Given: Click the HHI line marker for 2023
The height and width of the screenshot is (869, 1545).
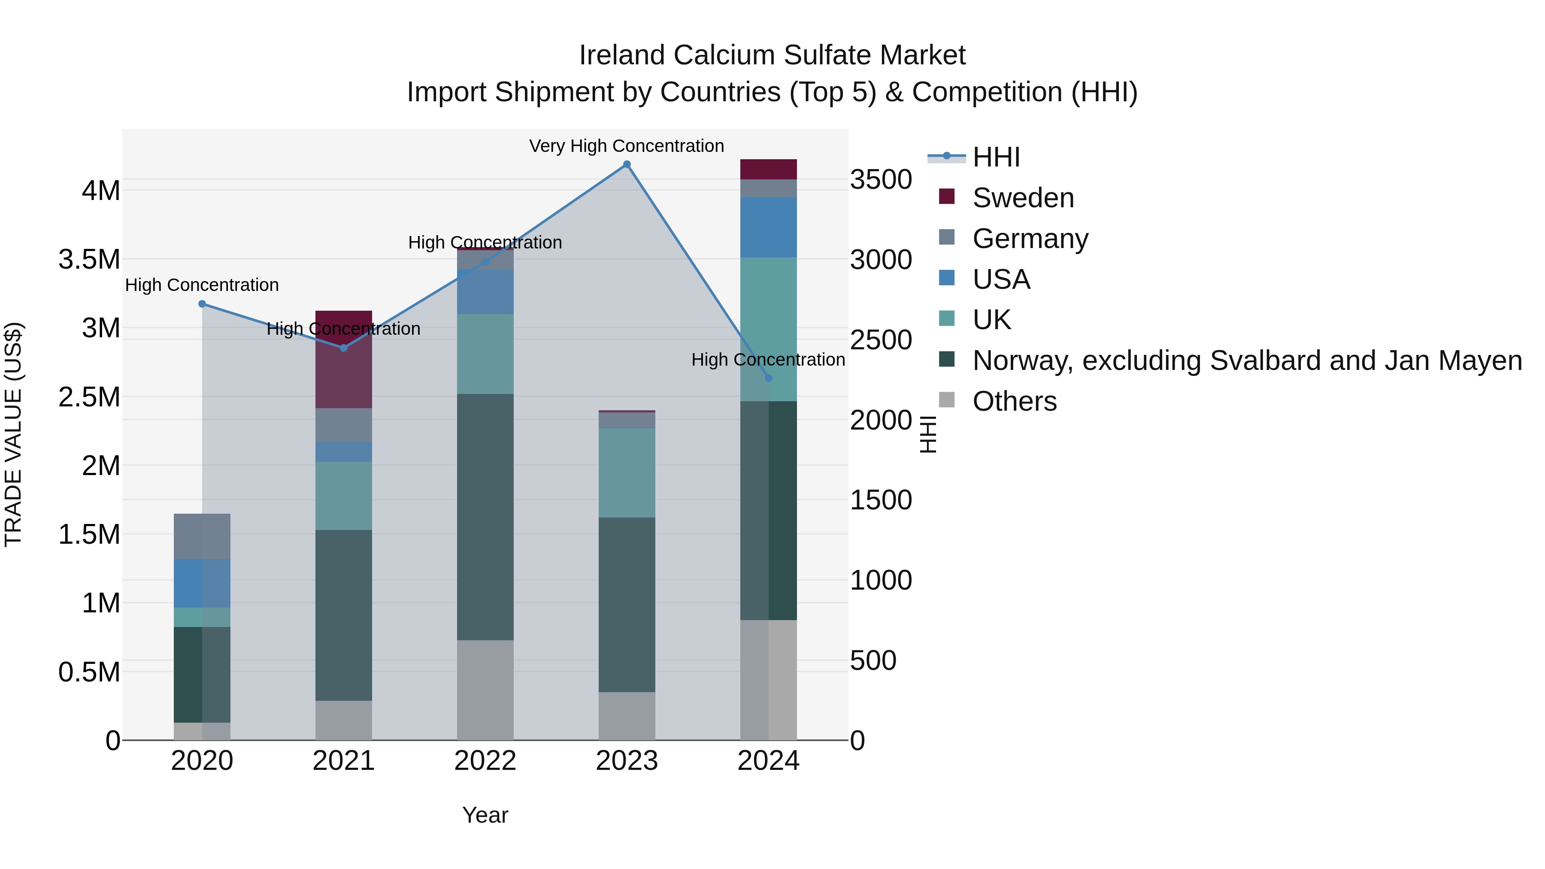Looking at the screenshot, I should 627,164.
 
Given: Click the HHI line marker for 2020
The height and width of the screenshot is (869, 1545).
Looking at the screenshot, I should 202,304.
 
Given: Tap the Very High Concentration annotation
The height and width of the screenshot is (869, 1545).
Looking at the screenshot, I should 626,146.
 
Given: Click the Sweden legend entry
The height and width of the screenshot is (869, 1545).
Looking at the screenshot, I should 1023,198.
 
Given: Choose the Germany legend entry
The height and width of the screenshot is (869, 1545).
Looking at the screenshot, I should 1030,239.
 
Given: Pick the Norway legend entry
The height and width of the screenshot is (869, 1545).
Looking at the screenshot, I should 1246,360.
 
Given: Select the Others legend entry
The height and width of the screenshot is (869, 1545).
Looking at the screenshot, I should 1014,401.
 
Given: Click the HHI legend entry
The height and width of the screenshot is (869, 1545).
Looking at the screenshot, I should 996,157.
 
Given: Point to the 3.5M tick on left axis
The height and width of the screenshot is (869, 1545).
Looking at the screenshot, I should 89,260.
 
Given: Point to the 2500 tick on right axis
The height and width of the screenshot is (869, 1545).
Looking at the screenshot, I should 881,340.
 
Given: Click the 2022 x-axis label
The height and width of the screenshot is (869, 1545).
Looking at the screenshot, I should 485,761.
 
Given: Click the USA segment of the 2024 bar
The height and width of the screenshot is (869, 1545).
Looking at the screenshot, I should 768,227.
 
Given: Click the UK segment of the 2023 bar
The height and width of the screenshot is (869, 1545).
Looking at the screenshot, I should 627,472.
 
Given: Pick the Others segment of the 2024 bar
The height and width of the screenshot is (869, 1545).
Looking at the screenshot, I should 768,679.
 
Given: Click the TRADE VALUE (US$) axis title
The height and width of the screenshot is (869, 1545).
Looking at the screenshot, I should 14,434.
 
